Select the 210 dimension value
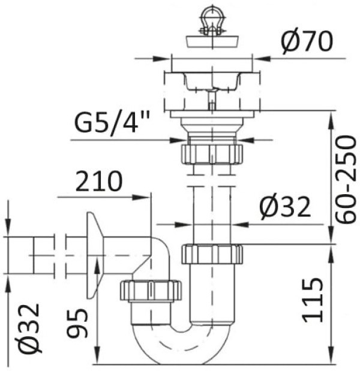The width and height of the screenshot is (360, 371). point(99,181)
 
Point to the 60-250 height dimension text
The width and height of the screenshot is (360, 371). point(346,179)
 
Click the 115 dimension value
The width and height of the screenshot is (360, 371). point(313,300)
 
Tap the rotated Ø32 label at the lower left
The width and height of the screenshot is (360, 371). point(27,329)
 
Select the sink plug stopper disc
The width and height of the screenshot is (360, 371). point(212,41)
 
